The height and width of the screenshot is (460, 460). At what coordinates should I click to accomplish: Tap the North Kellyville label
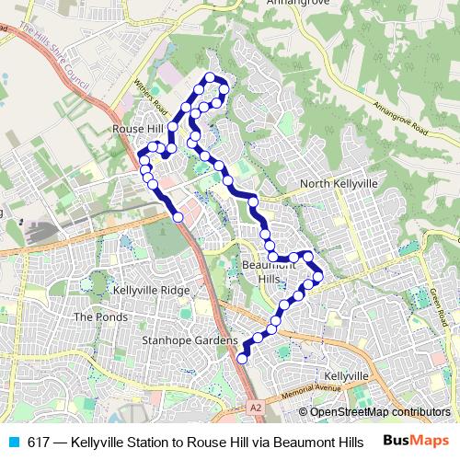[339, 184]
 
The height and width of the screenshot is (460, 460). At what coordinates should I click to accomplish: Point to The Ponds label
[96, 316]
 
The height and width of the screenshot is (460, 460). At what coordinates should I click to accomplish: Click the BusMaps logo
[415, 441]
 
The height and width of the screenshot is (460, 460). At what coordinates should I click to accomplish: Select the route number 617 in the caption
[40, 442]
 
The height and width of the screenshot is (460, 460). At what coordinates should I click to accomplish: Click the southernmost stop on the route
[243, 359]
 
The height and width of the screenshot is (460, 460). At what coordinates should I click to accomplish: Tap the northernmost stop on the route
[210, 76]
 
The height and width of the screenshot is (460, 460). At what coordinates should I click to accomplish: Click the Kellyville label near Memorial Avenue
[346, 377]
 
